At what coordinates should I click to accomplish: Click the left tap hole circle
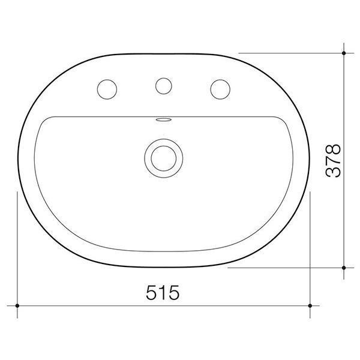pyautogui.click(x=107, y=87)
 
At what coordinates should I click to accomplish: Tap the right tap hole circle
pyautogui.click(x=220, y=88)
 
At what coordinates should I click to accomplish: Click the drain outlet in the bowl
pyautogui.click(x=161, y=157)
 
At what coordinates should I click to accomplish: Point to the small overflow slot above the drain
pyautogui.click(x=161, y=120)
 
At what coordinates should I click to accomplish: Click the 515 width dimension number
pyautogui.click(x=163, y=293)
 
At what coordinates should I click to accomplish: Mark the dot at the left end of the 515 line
pyautogui.click(x=17, y=305)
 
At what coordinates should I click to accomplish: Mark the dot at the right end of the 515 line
pyautogui.click(x=310, y=305)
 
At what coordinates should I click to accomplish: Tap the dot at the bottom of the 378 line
pyautogui.click(x=344, y=268)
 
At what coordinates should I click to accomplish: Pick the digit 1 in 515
pyautogui.click(x=163, y=293)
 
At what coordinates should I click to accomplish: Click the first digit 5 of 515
pyautogui.click(x=153, y=293)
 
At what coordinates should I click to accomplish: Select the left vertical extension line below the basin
pyautogui.click(x=17, y=252)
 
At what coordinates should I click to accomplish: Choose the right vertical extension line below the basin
pyautogui.click(x=310, y=252)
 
